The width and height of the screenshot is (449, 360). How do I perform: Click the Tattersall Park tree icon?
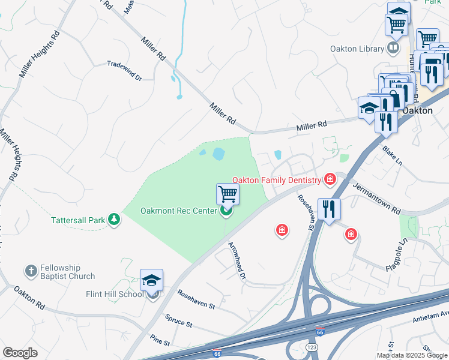point(114,220)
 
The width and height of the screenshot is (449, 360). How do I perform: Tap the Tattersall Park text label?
point(77,220)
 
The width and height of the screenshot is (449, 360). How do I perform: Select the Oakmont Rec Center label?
point(179,211)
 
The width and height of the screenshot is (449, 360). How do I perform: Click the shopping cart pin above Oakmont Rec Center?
point(228,194)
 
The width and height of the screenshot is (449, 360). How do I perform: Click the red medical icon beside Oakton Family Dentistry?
point(329,179)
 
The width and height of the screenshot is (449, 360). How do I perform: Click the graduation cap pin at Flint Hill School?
point(151,281)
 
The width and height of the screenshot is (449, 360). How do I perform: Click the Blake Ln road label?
point(391,151)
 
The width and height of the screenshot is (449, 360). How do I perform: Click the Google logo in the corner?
point(20,352)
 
